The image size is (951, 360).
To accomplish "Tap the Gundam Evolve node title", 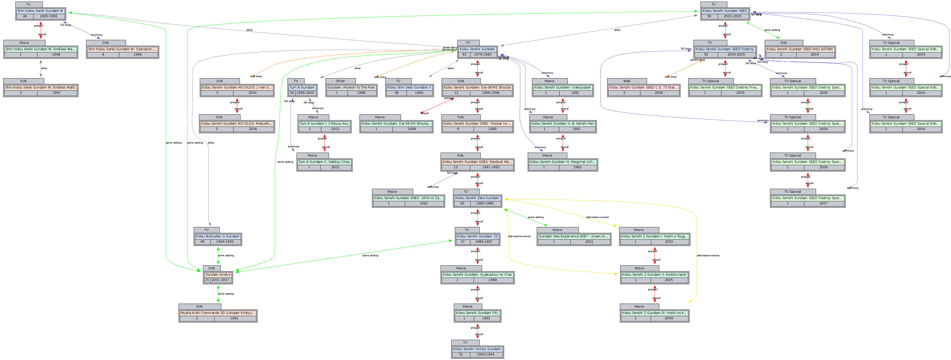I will (x=218, y=275).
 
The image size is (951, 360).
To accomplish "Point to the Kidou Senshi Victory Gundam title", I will (x=477, y=349).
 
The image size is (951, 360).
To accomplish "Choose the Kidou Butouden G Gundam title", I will (x=218, y=236).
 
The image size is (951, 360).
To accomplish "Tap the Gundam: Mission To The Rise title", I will (x=351, y=87).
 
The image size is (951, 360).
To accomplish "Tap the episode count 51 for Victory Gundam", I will (x=461, y=354).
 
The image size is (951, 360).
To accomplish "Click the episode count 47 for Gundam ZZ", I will (x=463, y=242).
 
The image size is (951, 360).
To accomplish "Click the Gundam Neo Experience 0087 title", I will (x=573, y=236).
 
